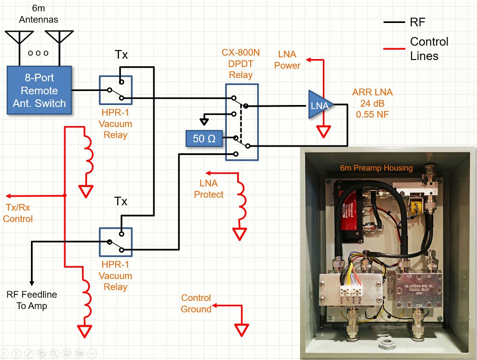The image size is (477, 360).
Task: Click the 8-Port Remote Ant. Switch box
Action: coord(39,90)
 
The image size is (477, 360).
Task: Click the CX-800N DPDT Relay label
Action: coord(240,65)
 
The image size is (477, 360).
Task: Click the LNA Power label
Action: coord(287,60)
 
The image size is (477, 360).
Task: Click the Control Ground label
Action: coord(196,303)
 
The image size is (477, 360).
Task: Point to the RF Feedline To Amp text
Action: coord(31,300)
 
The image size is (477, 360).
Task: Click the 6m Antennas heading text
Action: coord(38,14)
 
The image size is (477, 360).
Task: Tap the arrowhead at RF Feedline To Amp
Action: coord(31,283)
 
